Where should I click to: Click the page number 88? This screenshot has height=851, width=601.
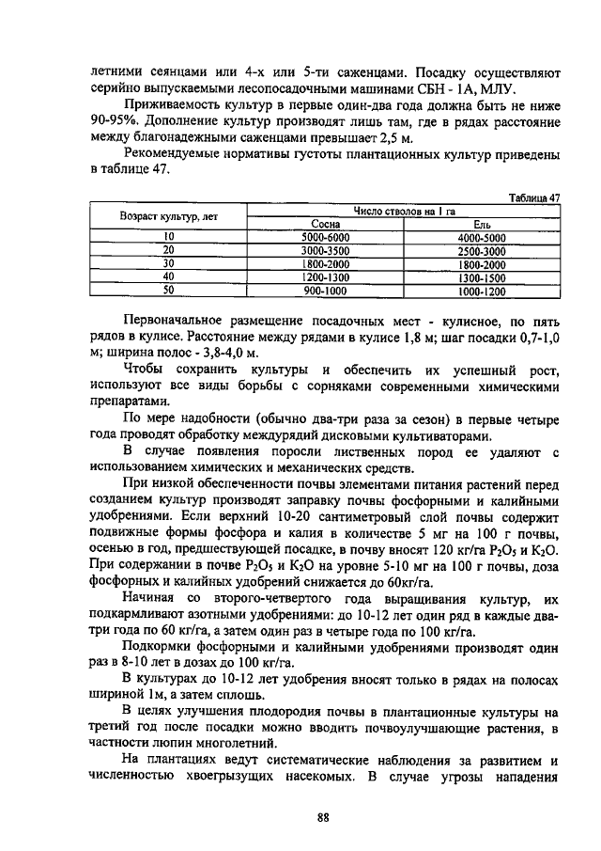coord(322,817)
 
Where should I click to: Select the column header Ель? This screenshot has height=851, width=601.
coord(482,224)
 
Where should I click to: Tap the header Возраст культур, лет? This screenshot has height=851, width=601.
coord(169,217)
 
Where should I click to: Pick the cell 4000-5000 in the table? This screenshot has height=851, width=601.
coord(482,238)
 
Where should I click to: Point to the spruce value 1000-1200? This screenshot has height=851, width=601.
coord(482,291)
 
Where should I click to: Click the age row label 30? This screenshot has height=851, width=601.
coord(169,264)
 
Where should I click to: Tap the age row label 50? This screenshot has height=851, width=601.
coord(169,291)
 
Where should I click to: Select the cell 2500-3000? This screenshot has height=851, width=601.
coord(482,251)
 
